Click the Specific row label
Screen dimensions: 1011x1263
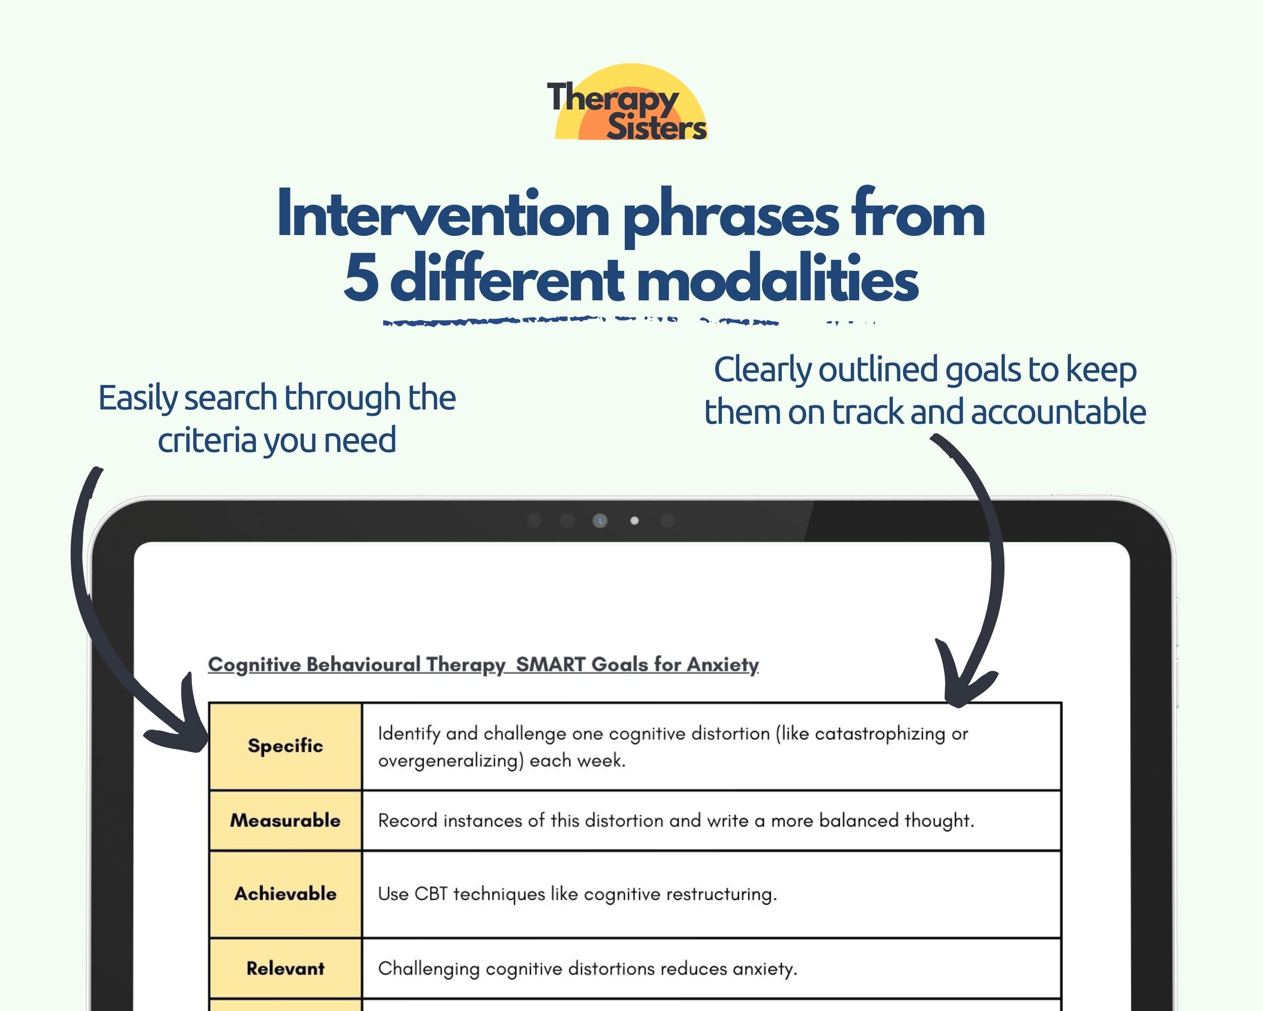coord(285,746)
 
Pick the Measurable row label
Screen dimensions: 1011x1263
coord(285,820)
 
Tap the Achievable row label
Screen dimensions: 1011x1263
coord(285,894)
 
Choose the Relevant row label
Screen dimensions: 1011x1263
coord(285,968)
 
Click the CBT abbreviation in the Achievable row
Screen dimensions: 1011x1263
coord(431,894)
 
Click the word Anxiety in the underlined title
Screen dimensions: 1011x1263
coord(723,665)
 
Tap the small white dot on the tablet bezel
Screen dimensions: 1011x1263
coord(634,520)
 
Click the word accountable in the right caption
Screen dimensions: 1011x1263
coord(1058,412)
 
